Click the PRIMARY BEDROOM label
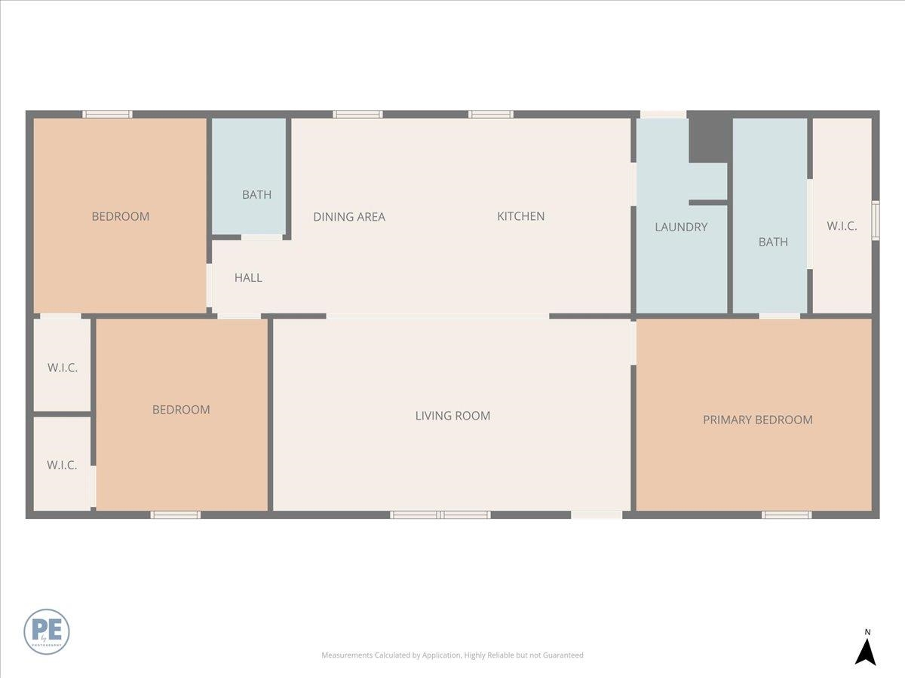tap(757, 420)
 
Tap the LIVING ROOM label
tap(452, 415)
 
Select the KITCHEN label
tap(520, 216)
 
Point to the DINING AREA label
tap(349, 217)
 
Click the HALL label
tap(248, 277)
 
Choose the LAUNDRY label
tap(681, 227)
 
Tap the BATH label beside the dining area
tap(256, 194)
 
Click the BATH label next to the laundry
tap(773, 242)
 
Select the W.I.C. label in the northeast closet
tap(842, 225)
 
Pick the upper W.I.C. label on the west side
tap(63, 368)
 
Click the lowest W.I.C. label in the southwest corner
tap(62, 465)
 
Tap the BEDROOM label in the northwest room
tap(121, 216)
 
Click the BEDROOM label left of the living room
tap(181, 409)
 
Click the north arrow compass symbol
tap(866, 649)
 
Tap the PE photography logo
tap(47, 631)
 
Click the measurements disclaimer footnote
tap(452, 655)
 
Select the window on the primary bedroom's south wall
tap(786, 515)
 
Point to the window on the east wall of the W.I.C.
tap(876, 220)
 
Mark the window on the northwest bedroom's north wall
tap(107, 115)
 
